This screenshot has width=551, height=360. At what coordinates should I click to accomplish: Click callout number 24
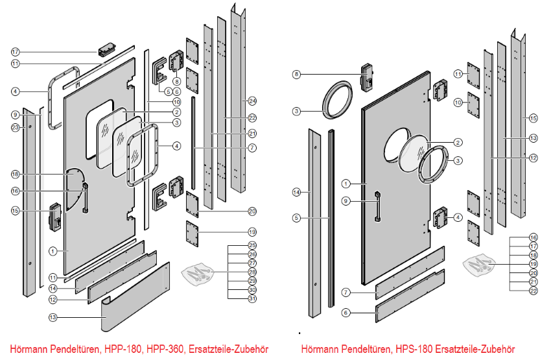(252, 101)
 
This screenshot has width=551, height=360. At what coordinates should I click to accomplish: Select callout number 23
(15, 128)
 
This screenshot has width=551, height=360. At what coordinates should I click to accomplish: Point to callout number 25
(252, 245)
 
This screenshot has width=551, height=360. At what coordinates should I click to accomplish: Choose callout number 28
(252, 272)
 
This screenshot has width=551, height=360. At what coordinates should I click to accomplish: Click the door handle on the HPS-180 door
(376, 206)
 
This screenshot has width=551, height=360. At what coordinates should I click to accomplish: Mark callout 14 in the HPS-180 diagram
(296, 192)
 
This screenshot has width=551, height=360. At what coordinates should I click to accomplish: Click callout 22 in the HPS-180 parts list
(533, 291)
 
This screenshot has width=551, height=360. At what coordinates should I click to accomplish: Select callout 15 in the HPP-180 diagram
(15, 211)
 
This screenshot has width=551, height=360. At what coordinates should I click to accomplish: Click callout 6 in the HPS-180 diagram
(346, 313)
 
